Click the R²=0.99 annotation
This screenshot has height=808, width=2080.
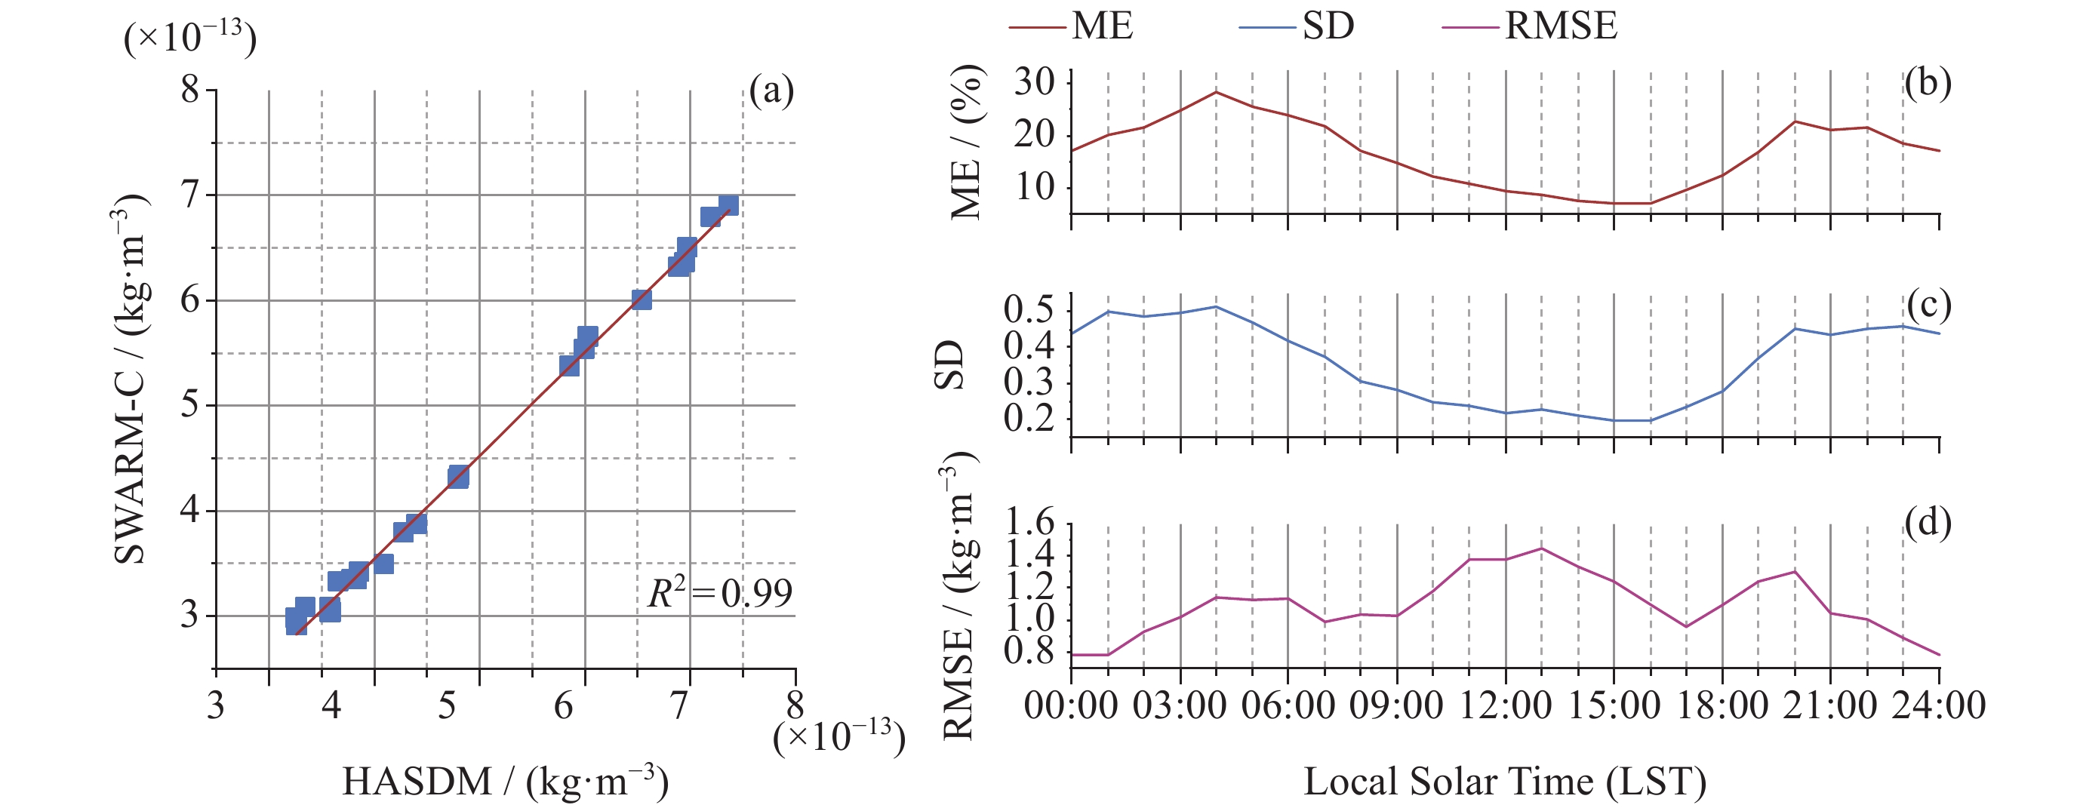719,594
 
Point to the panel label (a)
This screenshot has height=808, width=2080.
771,91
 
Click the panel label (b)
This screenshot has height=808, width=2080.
1928,82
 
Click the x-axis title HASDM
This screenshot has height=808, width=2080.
506,782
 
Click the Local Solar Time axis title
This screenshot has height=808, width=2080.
1505,782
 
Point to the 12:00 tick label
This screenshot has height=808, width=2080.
1505,705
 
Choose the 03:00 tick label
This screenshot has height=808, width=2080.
1180,705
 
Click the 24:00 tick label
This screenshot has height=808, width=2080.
1939,705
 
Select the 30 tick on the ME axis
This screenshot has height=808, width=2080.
1035,82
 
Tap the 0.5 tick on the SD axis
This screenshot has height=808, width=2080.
1029,310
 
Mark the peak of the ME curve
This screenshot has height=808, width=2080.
1216,91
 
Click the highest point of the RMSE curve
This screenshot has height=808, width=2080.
1541,548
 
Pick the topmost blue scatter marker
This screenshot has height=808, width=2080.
728,205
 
